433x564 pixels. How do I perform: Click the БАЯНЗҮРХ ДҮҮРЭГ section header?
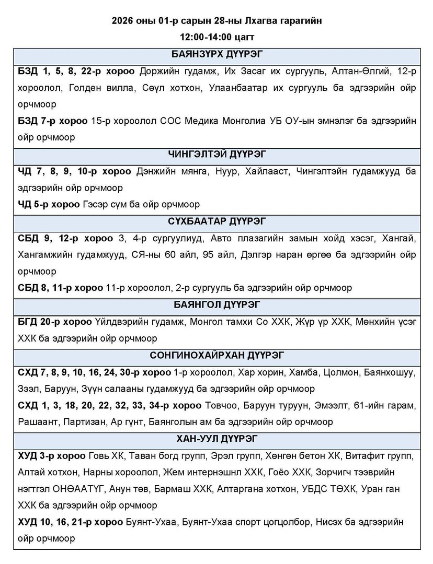pyautogui.click(x=216, y=55)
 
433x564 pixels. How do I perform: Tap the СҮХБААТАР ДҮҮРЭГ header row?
pyautogui.click(x=216, y=221)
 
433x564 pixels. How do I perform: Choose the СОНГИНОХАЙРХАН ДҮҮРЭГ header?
pyautogui.click(x=216, y=356)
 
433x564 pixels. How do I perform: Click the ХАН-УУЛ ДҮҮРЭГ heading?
pyautogui.click(x=216, y=439)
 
